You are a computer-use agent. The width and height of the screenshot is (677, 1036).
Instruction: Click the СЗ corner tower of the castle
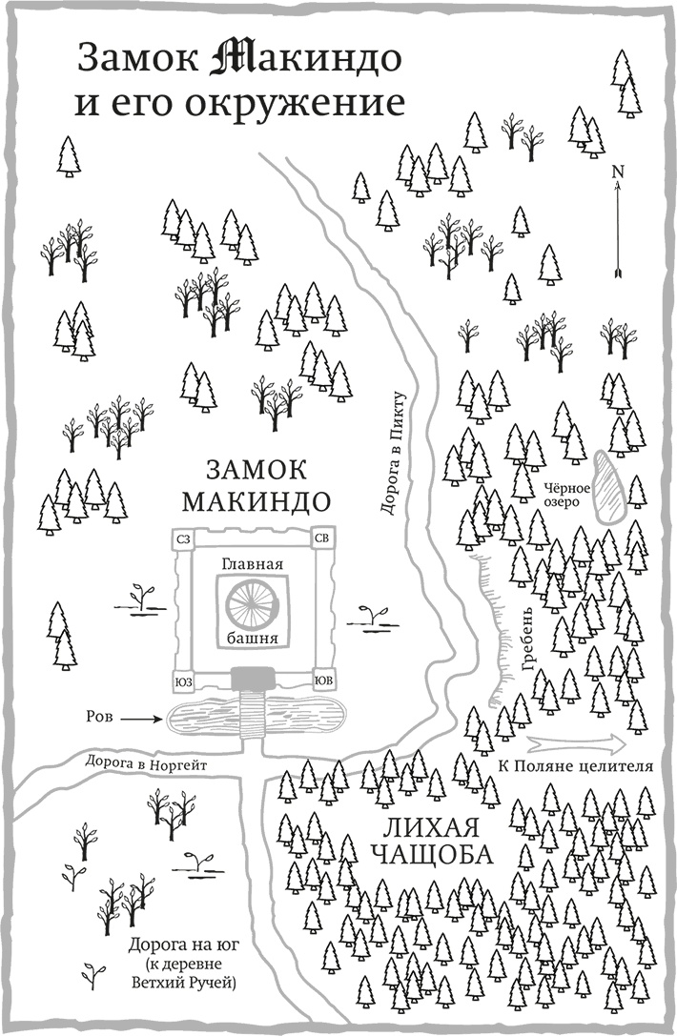coord(184,540)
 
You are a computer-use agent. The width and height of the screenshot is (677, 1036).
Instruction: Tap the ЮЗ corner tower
coord(184,681)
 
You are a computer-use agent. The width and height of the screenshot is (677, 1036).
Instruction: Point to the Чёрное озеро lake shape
coord(606,485)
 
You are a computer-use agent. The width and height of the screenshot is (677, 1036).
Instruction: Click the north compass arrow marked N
coord(618,224)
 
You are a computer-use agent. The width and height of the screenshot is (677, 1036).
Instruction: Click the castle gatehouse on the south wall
coord(253,678)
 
